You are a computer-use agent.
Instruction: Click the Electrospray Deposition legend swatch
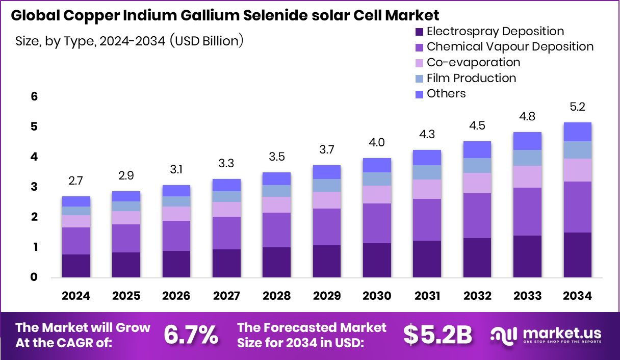pos(419,32)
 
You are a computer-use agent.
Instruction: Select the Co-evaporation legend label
pos(473,62)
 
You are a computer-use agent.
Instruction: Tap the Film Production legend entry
pos(471,78)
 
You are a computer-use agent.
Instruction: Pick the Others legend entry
pos(446,93)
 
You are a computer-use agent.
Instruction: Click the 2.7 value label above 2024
pos(76,181)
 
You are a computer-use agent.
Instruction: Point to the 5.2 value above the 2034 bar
pos(577,107)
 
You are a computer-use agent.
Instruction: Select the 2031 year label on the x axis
pos(427,296)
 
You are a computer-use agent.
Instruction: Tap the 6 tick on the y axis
pos(34,96)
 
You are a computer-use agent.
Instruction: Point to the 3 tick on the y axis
pos(34,187)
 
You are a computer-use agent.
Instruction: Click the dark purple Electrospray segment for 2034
pos(577,255)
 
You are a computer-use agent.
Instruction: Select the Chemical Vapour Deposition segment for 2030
pos(377,223)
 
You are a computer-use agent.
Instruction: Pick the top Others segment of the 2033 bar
pos(527,141)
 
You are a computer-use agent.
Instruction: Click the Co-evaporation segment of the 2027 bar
pos(226,209)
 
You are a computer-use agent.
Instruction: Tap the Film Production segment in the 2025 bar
pos(126,206)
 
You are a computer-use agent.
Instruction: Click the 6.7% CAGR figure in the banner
pos(191,335)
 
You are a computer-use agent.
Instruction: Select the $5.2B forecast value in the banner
pos(437,335)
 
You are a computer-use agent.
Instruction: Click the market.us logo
pos(546,335)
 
